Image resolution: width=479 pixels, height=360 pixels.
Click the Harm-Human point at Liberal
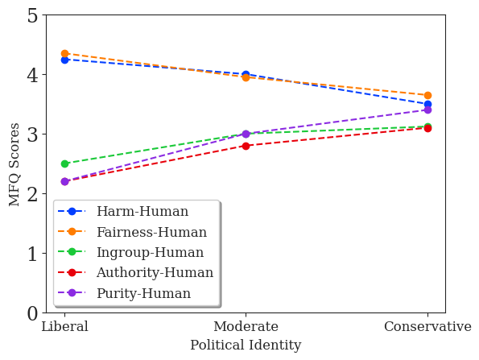tap(64, 60)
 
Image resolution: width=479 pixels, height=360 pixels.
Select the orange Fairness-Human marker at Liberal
tap(64, 53)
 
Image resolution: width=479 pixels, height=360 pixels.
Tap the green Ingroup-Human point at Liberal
tap(64, 163)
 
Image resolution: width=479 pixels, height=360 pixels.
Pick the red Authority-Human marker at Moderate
tap(246, 146)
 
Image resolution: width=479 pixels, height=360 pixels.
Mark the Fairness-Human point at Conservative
tap(427, 95)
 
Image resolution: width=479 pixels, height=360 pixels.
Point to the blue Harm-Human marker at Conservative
tap(427, 104)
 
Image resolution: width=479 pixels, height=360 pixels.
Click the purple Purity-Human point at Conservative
tap(427, 110)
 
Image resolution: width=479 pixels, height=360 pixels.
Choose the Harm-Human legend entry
tap(142, 212)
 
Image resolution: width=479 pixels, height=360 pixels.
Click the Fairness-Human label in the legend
tap(151, 233)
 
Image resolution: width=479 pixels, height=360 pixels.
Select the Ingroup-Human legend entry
tap(151, 253)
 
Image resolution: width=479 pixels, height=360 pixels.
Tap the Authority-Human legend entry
tap(155, 273)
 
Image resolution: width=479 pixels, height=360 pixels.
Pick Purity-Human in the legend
tap(143, 294)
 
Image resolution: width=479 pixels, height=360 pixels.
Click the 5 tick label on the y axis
tap(32, 15)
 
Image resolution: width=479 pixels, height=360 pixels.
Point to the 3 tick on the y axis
tap(32, 134)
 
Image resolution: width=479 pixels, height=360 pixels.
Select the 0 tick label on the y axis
tap(32, 313)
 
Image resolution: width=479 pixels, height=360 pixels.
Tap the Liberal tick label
tap(64, 327)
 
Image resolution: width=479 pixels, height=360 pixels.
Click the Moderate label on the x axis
tap(246, 327)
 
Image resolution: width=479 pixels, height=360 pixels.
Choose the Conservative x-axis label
tap(427, 327)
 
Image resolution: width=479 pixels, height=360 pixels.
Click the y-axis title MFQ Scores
tap(15, 164)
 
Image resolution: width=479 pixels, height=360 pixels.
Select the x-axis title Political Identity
tap(246, 346)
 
